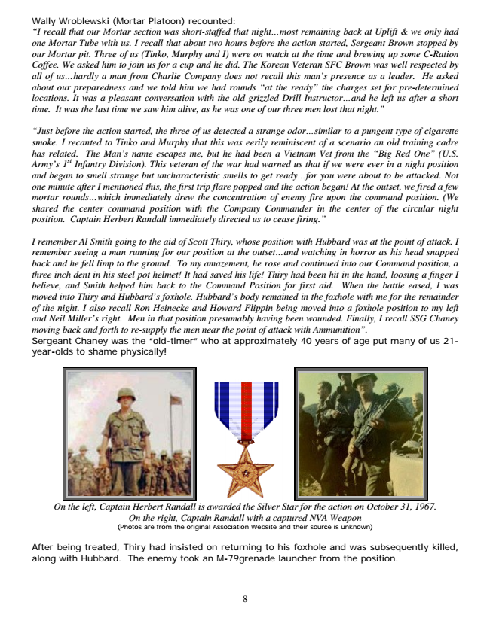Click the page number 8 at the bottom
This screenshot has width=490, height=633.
point(245,599)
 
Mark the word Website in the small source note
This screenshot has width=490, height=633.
point(275,527)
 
